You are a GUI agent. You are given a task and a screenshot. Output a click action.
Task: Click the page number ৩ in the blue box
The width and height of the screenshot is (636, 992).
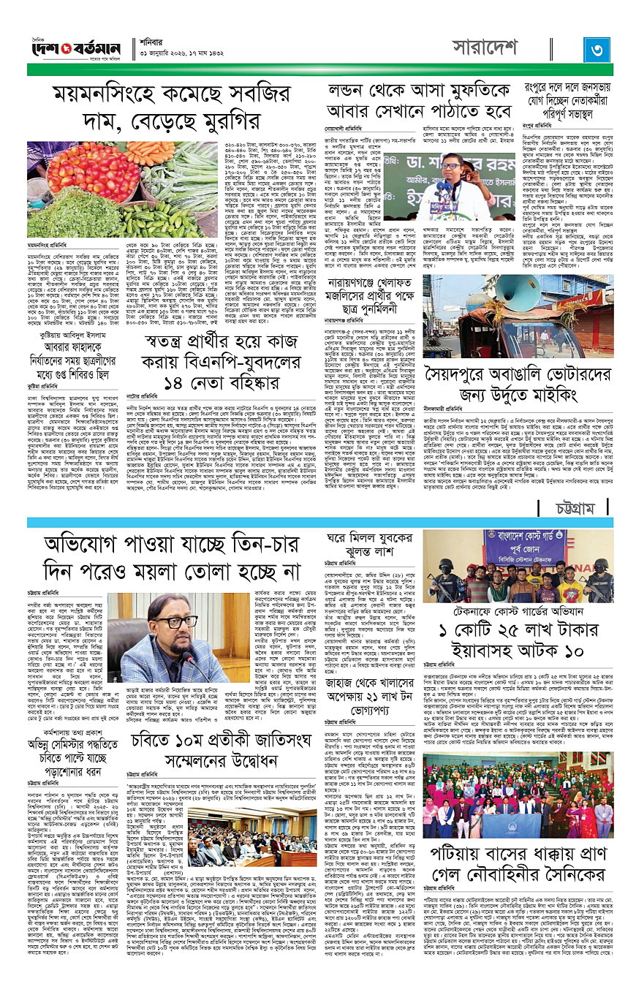click(598, 53)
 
